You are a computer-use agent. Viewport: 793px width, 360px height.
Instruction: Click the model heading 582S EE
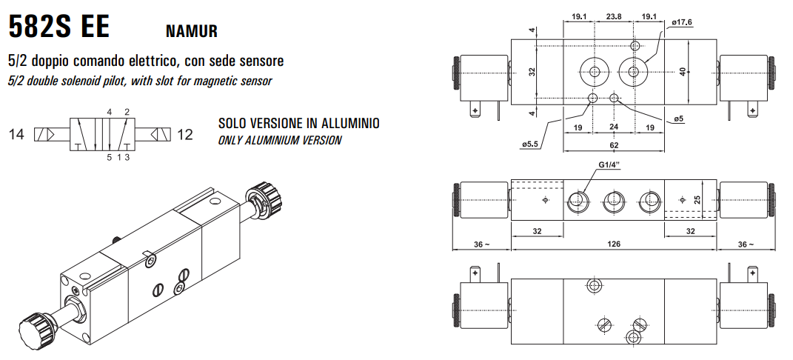click(58, 27)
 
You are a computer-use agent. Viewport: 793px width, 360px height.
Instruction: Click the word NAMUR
click(192, 31)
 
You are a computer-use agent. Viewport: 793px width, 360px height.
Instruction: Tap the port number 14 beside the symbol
click(16, 135)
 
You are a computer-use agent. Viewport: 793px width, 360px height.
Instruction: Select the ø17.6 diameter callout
click(682, 22)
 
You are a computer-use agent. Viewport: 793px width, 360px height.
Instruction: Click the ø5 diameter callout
click(679, 119)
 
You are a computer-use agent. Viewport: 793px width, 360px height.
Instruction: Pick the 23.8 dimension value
click(614, 16)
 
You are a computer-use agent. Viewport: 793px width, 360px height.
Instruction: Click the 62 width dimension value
click(614, 145)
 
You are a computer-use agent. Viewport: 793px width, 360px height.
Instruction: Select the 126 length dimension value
click(614, 244)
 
